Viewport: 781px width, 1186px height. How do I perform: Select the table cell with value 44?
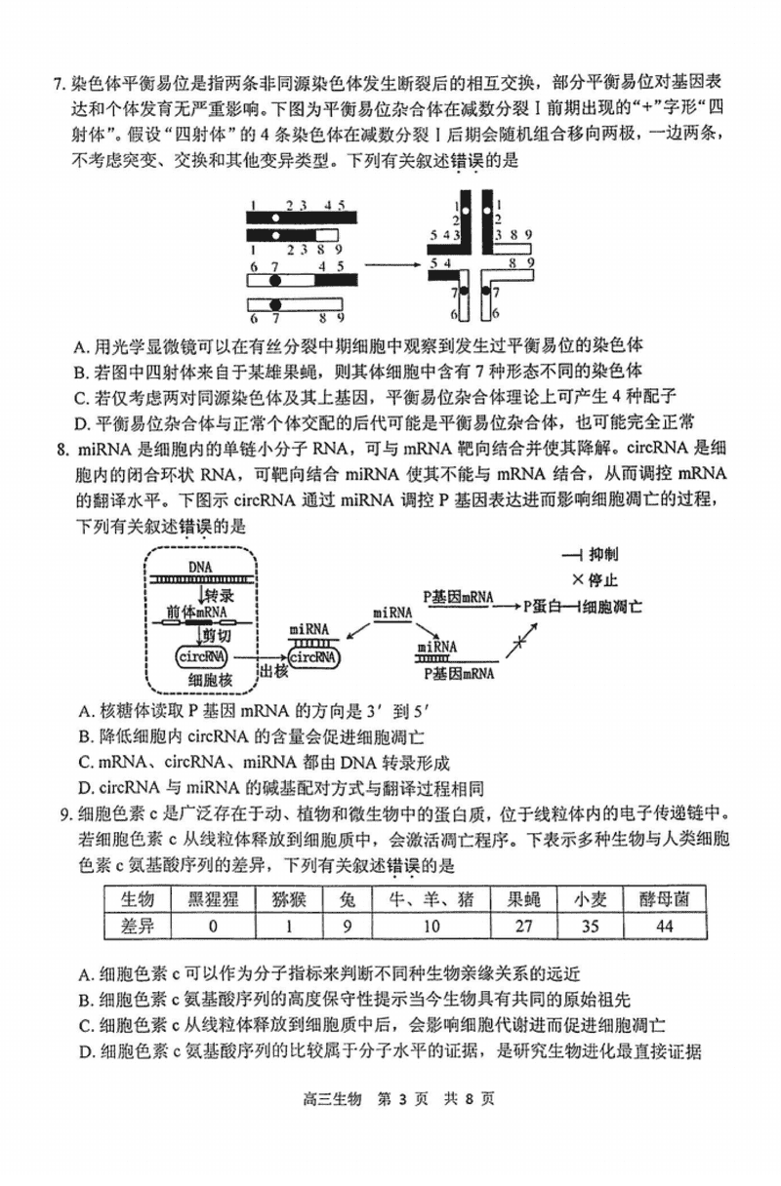pyautogui.click(x=664, y=926)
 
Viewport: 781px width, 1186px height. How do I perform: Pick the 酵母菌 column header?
pyautogui.click(x=664, y=899)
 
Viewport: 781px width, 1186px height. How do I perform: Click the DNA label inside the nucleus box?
pyautogui.click(x=202, y=566)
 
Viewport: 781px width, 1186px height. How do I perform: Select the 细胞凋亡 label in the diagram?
pyautogui.click(x=614, y=607)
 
